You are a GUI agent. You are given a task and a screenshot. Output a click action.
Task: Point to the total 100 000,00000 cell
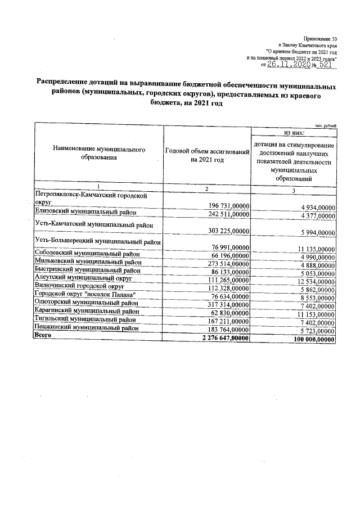coord(308,340)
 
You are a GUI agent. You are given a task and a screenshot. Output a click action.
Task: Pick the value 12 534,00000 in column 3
coord(311,281)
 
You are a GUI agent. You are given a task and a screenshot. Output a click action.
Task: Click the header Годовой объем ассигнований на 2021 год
coord(206,156)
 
